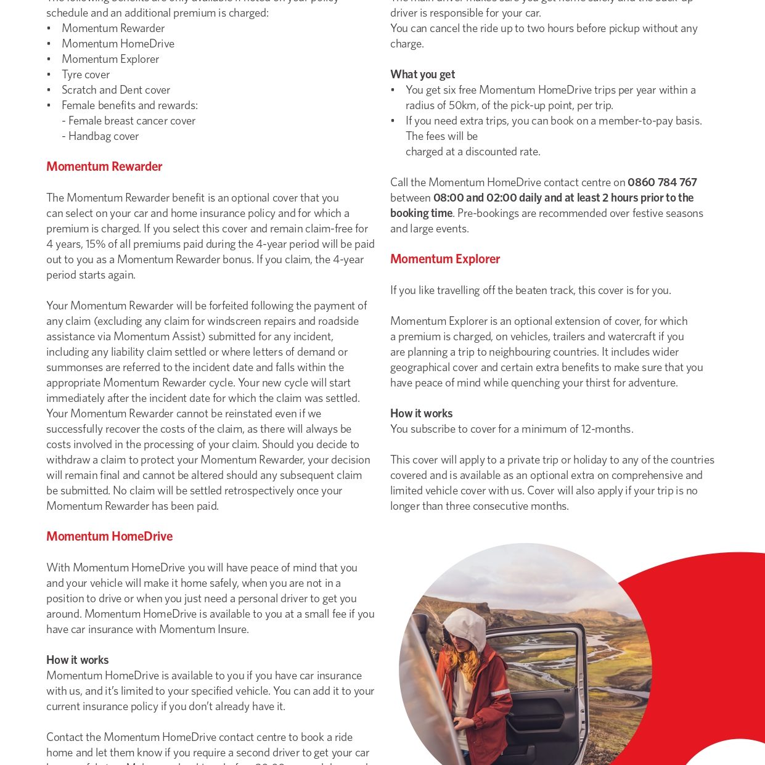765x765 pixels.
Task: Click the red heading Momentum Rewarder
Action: click(104, 166)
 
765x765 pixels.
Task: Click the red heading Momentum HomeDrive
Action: click(109, 536)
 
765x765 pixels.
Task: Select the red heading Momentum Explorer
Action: click(444, 259)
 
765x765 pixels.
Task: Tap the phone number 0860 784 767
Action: click(662, 182)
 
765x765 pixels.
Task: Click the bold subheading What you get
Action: click(422, 74)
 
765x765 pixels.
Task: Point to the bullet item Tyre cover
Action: click(86, 74)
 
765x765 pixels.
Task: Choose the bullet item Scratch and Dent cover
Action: click(115, 89)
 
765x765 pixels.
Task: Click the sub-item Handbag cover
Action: click(103, 136)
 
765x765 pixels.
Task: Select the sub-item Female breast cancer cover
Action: click(131, 120)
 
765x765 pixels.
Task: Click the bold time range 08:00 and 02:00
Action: click(475, 197)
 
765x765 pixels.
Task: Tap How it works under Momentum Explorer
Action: click(421, 413)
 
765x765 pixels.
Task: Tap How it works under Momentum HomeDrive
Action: click(77, 660)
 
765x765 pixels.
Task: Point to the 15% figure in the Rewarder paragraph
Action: click(96, 243)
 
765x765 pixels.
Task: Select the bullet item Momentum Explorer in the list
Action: click(110, 59)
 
